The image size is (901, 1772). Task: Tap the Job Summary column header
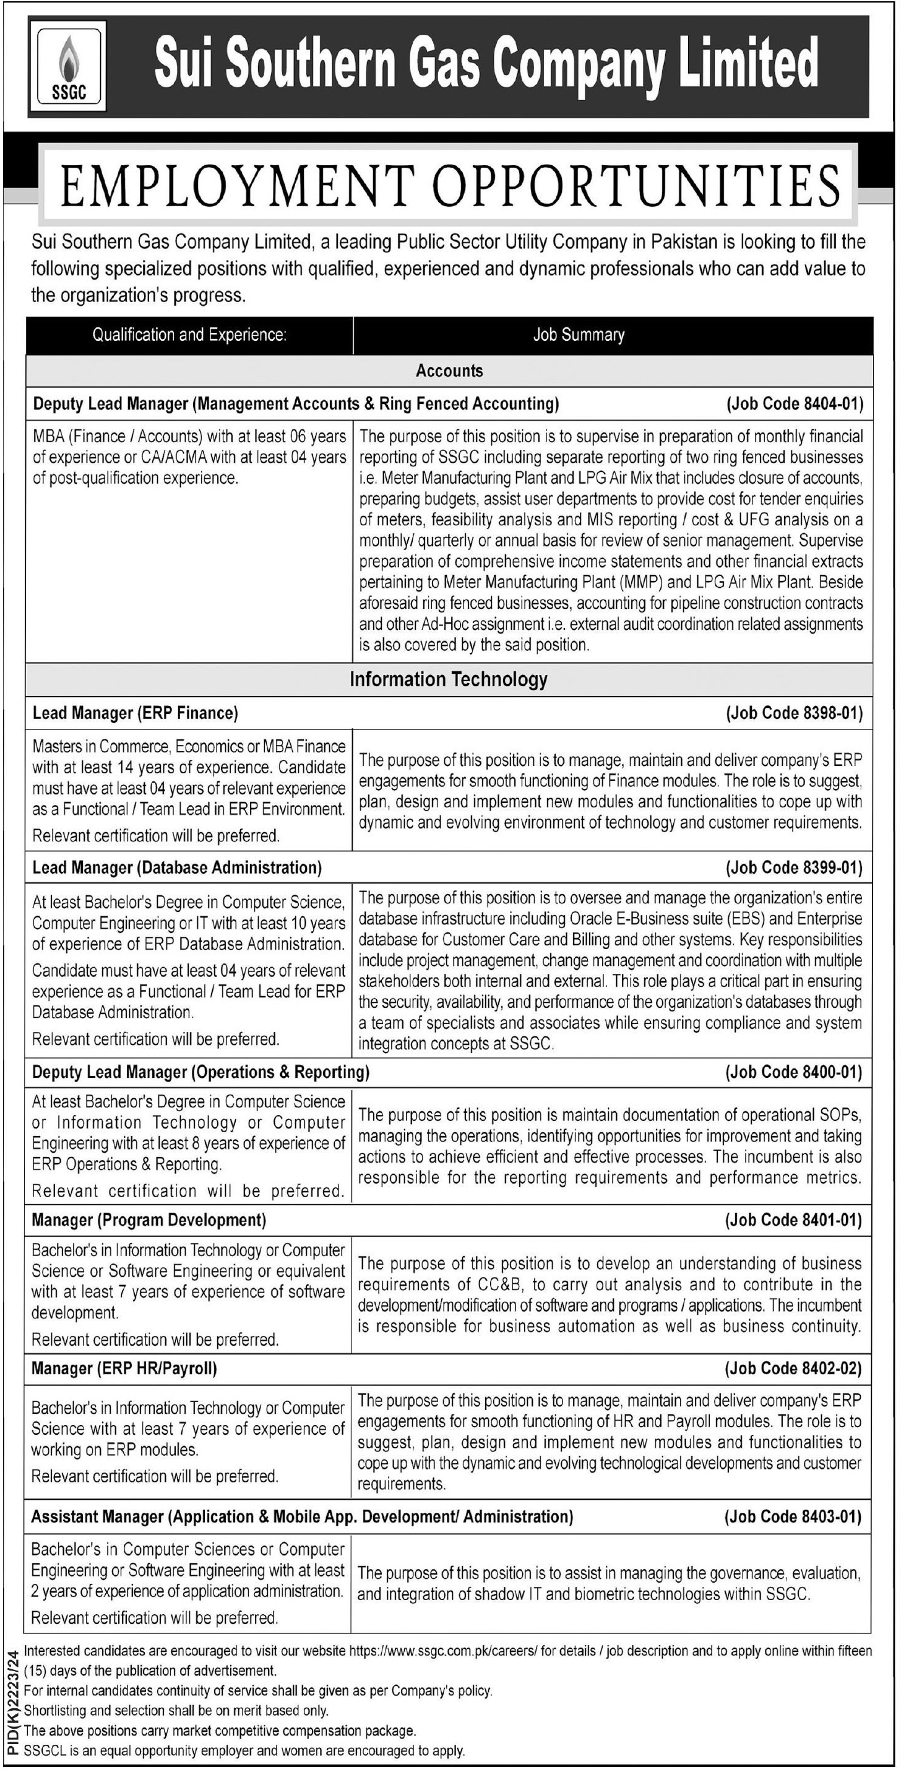click(579, 335)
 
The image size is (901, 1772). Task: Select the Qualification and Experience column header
click(189, 335)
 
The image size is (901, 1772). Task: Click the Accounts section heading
click(449, 371)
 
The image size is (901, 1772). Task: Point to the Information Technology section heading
click(449, 679)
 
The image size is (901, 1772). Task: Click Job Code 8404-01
click(795, 404)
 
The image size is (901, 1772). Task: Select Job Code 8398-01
click(795, 713)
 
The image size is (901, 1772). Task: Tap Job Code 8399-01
click(795, 867)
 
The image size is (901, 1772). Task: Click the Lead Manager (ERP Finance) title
click(136, 713)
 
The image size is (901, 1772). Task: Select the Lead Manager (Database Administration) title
click(177, 867)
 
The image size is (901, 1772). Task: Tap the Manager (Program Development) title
click(149, 1219)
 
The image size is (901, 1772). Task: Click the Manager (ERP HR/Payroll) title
click(124, 1368)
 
